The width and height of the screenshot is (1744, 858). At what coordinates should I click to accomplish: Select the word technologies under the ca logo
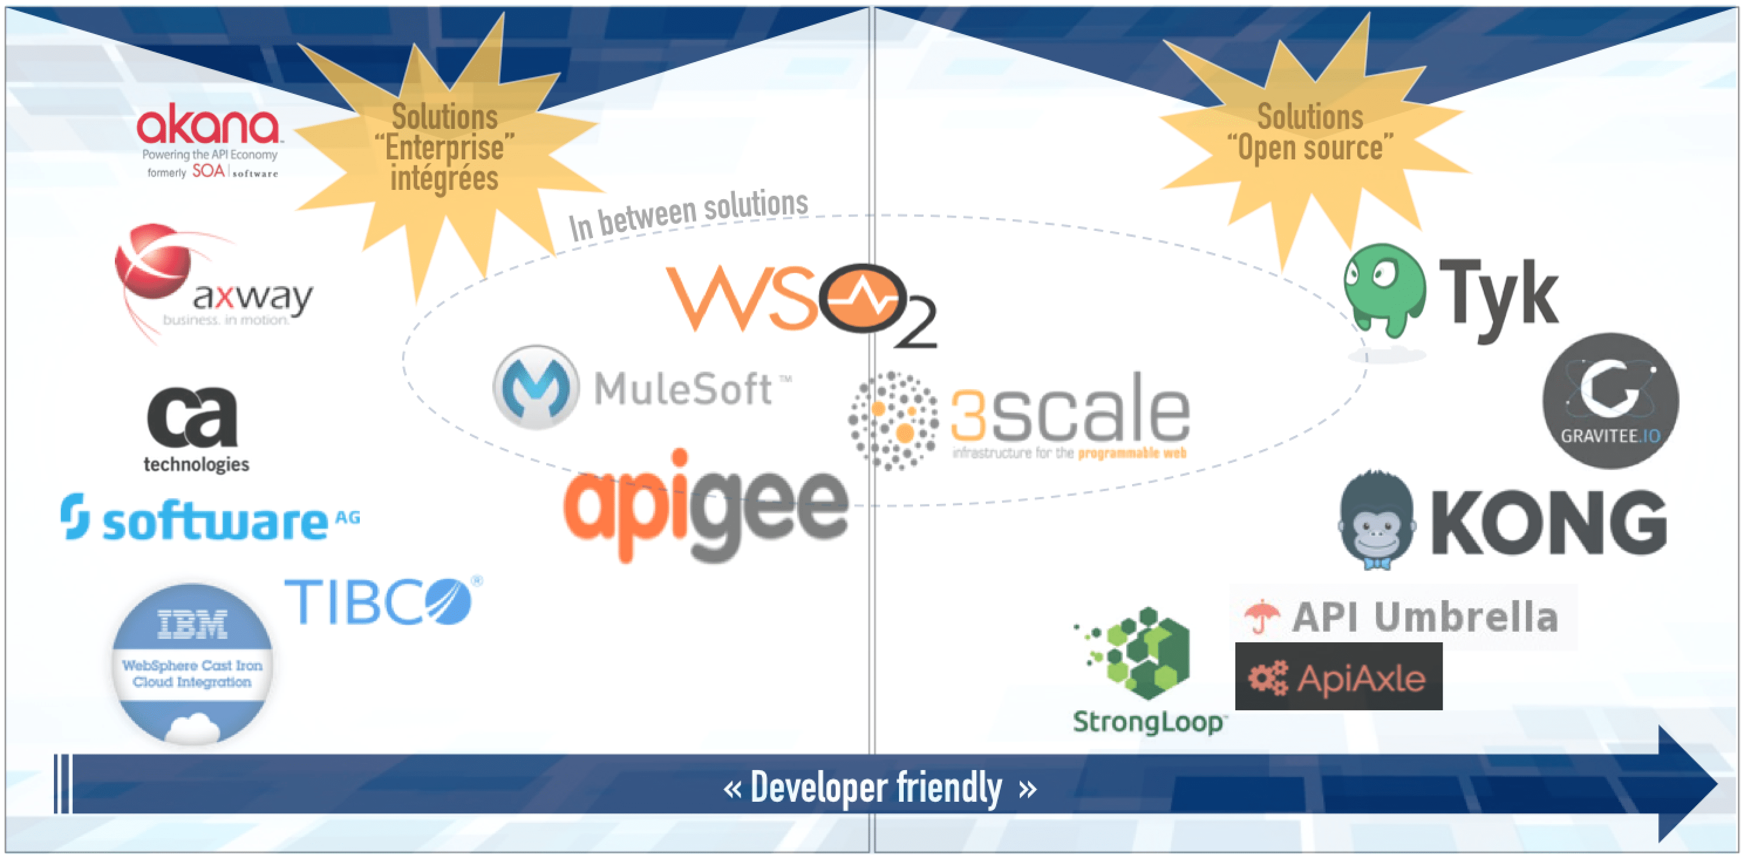[x=196, y=465]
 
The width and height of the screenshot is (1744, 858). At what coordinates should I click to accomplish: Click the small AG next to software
[x=348, y=518]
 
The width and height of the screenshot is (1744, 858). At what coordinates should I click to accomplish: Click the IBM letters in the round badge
[x=192, y=624]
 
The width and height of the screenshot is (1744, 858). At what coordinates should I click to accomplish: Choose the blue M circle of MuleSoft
[x=536, y=387]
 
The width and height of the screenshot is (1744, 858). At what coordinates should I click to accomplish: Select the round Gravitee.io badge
[x=1610, y=400]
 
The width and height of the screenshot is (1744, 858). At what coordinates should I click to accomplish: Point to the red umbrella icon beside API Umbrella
[x=1261, y=615]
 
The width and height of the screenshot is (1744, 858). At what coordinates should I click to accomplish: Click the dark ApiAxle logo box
[x=1338, y=676]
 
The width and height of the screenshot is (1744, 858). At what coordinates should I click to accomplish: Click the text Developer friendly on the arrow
[x=877, y=788]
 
